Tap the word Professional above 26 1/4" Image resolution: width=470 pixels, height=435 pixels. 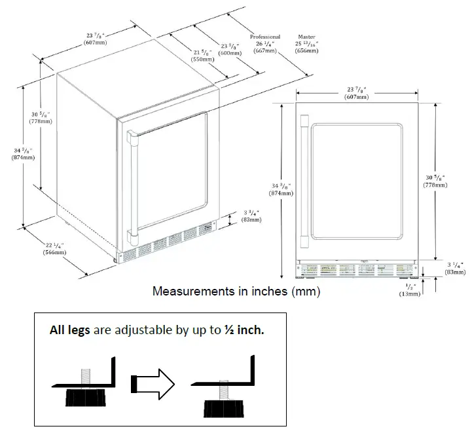265,37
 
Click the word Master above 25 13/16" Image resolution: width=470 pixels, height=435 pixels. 307,37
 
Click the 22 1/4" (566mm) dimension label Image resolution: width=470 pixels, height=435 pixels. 54,248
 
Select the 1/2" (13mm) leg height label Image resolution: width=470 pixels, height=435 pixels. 410,291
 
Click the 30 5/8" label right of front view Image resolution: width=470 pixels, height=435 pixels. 435,181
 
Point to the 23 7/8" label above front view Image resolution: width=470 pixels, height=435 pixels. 357,92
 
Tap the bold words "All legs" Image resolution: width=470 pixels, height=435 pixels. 70,330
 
